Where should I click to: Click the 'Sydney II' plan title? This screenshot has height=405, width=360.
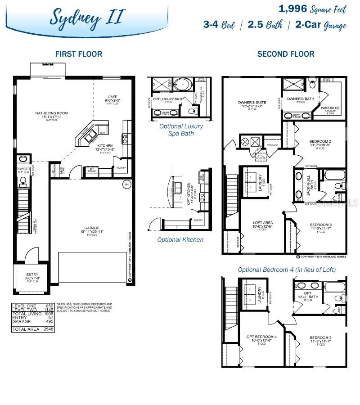[x=85, y=17]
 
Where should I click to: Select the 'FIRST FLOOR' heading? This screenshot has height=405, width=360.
[x=79, y=54]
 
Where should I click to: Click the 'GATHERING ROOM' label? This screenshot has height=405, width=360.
[x=52, y=113]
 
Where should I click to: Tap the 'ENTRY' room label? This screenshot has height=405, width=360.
[x=32, y=274]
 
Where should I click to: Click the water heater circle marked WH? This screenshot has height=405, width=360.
[x=127, y=184]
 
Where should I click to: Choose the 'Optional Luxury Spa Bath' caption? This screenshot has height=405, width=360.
[x=181, y=130]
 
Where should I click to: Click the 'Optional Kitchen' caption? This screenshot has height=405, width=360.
[x=180, y=239]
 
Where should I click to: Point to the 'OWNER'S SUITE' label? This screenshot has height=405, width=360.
[x=252, y=103]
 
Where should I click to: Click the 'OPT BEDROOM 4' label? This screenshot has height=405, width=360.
[x=261, y=337]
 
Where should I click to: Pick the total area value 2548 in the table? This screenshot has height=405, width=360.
[x=48, y=329]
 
